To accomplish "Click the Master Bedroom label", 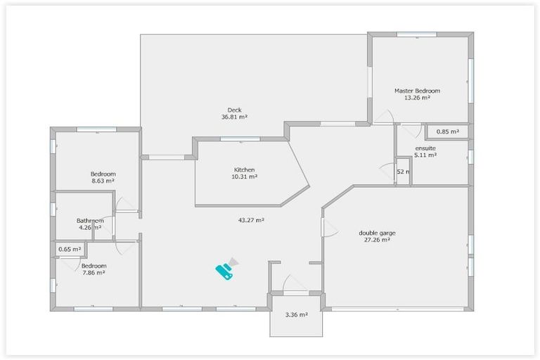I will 417,91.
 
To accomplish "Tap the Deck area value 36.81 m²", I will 234,117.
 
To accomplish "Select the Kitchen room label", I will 245,169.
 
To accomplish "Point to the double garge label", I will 374,233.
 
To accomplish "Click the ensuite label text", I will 425,148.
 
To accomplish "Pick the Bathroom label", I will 90,221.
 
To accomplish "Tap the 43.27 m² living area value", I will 251,220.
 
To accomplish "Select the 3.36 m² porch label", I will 296,314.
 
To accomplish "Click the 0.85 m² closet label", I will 447,131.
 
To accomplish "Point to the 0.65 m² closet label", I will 69,249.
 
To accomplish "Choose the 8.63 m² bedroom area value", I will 103,181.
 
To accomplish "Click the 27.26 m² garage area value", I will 374,240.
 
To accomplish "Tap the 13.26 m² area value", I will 417,98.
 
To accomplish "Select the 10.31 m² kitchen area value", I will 245,176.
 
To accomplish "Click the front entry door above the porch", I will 295,284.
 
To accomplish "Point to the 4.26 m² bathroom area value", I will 90,227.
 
